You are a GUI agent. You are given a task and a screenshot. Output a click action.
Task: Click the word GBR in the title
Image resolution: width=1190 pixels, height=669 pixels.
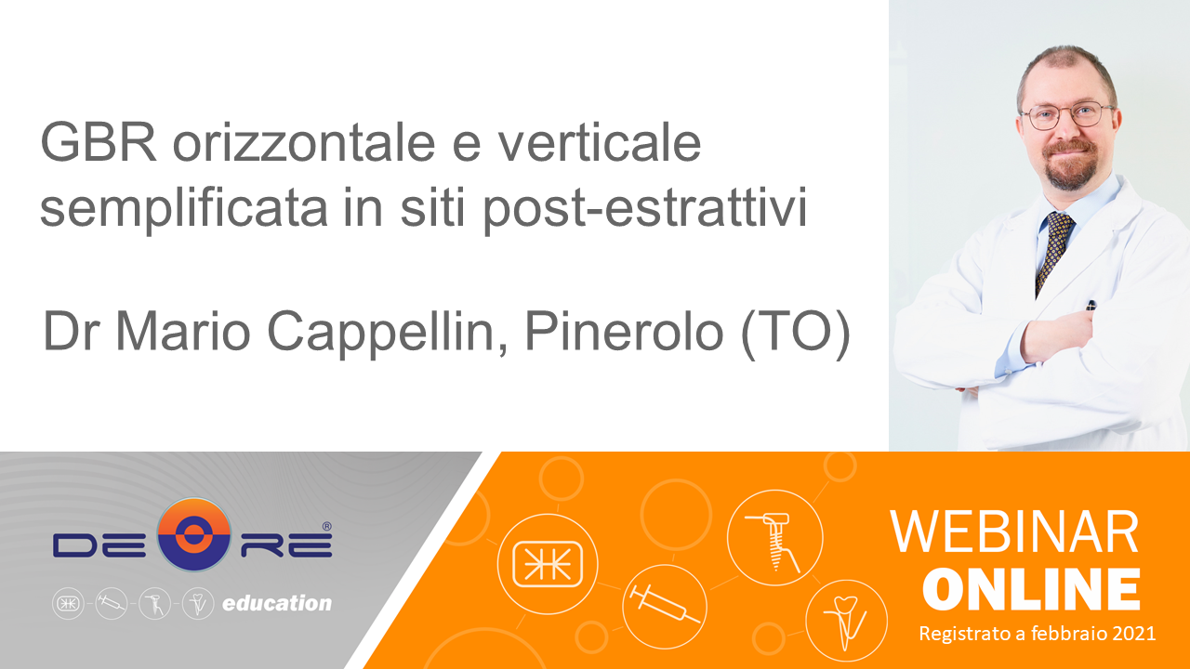pos(99,142)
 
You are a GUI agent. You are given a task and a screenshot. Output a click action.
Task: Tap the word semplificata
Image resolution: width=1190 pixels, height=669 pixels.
pos(184,207)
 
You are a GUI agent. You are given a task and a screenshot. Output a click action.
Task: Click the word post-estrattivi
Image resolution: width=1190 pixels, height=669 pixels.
pos(645,207)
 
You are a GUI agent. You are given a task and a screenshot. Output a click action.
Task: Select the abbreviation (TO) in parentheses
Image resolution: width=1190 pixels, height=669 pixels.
pos(795,333)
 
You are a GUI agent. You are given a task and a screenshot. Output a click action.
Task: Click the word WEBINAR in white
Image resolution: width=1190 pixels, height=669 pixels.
pos(1014,532)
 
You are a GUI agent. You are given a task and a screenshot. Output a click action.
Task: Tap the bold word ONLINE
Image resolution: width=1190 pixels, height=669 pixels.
pos(1032,589)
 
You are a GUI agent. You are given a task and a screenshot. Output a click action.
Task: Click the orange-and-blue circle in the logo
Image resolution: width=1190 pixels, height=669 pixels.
pos(194,534)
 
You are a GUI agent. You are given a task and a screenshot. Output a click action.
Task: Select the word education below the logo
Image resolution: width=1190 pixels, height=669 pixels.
pos(277,603)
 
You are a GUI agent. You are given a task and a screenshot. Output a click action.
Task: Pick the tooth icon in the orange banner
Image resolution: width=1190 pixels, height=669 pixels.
pos(846,623)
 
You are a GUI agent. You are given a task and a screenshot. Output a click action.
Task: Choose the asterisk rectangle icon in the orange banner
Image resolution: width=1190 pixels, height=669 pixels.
pos(548,564)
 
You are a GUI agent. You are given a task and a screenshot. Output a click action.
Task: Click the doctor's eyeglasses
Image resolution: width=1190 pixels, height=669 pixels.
pos(1065,114)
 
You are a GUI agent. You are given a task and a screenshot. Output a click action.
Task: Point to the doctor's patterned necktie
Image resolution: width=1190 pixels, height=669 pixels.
pos(1054,251)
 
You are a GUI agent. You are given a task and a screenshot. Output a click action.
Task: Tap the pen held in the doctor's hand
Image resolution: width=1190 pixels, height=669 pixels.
pos(1091,306)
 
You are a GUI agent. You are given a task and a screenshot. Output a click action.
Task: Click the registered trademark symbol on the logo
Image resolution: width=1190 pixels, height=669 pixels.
pos(326,526)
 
